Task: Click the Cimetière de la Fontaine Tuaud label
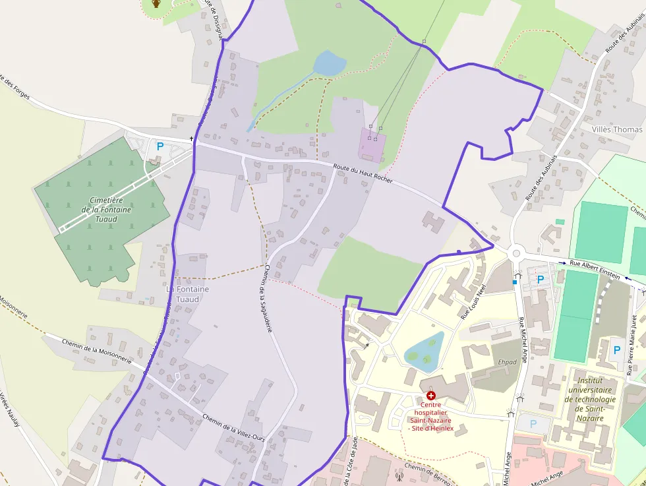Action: point(105,210)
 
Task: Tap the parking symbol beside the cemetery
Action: point(159,146)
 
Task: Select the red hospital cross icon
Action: point(431,395)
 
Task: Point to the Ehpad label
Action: point(507,362)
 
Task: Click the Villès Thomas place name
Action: point(616,129)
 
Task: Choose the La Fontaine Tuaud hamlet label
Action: point(187,293)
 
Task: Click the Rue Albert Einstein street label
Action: point(594,269)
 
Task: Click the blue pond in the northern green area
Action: point(329,63)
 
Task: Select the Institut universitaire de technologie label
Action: point(595,399)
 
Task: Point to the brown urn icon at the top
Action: point(156,4)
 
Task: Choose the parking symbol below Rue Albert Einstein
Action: point(541,280)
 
